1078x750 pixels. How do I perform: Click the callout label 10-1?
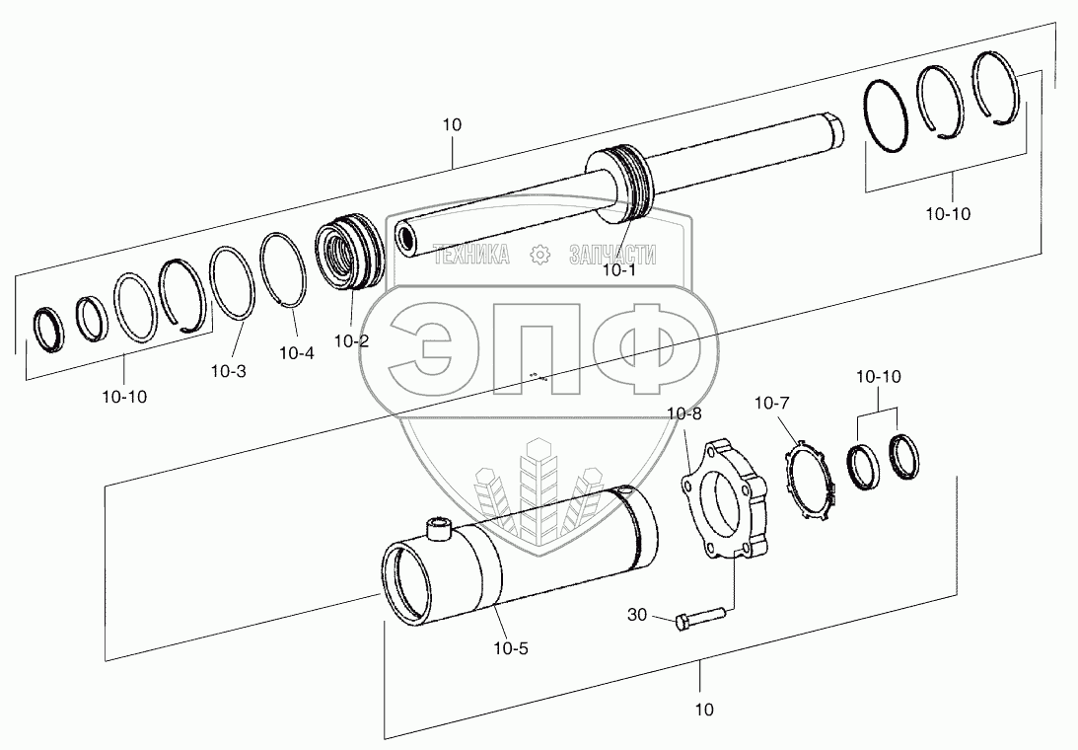coord(619,270)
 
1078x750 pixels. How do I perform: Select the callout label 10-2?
coord(351,340)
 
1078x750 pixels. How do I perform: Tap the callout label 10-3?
coord(228,372)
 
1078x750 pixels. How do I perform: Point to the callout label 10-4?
coord(296,353)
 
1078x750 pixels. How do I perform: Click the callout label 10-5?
coord(511,648)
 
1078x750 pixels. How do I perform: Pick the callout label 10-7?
coord(772,404)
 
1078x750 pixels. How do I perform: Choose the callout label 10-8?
coord(684,413)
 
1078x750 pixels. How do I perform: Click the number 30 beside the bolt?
coord(637,615)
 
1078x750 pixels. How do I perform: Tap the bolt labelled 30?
coord(700,618)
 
